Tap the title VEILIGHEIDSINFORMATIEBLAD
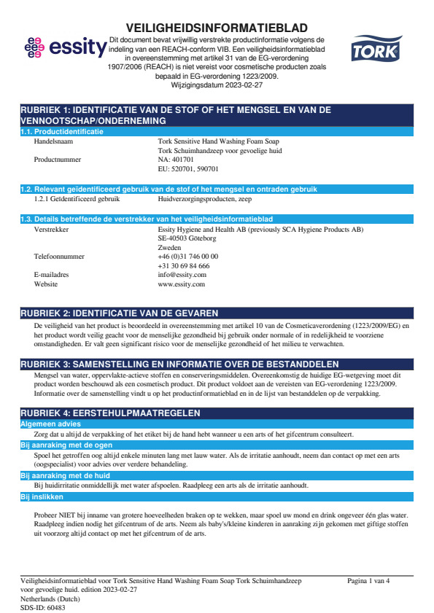pyautogui.click(x=217, y=28)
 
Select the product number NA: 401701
pyautogui.click(x=178, y=159)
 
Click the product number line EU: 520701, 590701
pyautogui.click(x=188, y=168)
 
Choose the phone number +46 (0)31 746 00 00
pyautogui.click(x=188, y=257)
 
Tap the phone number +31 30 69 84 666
pyautogui.click(x=184, y=266)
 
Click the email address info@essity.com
pyautogui.click(x=182, y=275)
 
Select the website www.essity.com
pyautogui.click(x=182, y=284)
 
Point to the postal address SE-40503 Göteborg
pyautogui.click(x=187, y=238)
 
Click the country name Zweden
pyautogui.click(x=170, y=248)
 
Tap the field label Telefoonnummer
pyautogui.click(x=60, y=257)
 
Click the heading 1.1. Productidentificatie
pyautogui.click(x=62, y=132)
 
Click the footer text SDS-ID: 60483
pyautogui.click(x=43, y=606)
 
